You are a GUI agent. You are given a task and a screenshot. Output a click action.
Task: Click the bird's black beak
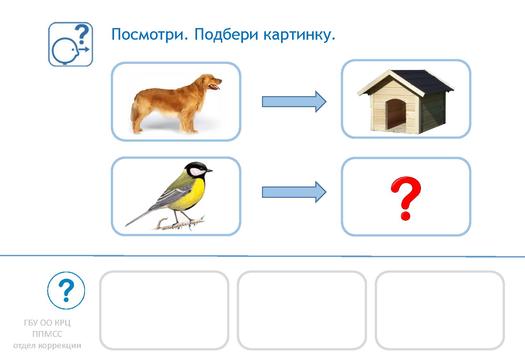click(209, 170)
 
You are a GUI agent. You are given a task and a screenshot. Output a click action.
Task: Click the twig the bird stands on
click(181, 224)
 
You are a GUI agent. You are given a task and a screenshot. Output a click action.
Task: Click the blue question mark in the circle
click(66, 290)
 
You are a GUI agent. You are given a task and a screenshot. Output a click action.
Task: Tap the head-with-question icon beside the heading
click(70, 44)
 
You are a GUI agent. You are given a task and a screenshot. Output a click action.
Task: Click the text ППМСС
click(47, 334)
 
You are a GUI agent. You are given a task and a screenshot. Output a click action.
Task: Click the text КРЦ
click(62, 323)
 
